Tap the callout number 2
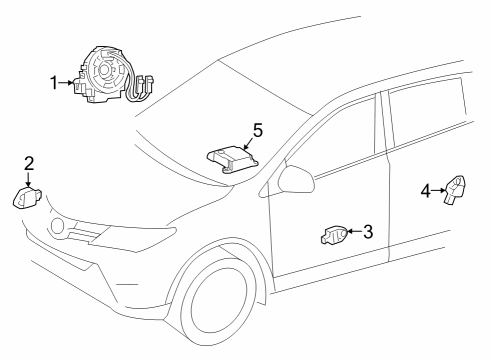(29, 162)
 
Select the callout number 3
(367, 233)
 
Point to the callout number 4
(425, 189)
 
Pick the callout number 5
(257, 131)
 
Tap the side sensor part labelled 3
(333, 236)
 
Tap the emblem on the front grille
(59, 226)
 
